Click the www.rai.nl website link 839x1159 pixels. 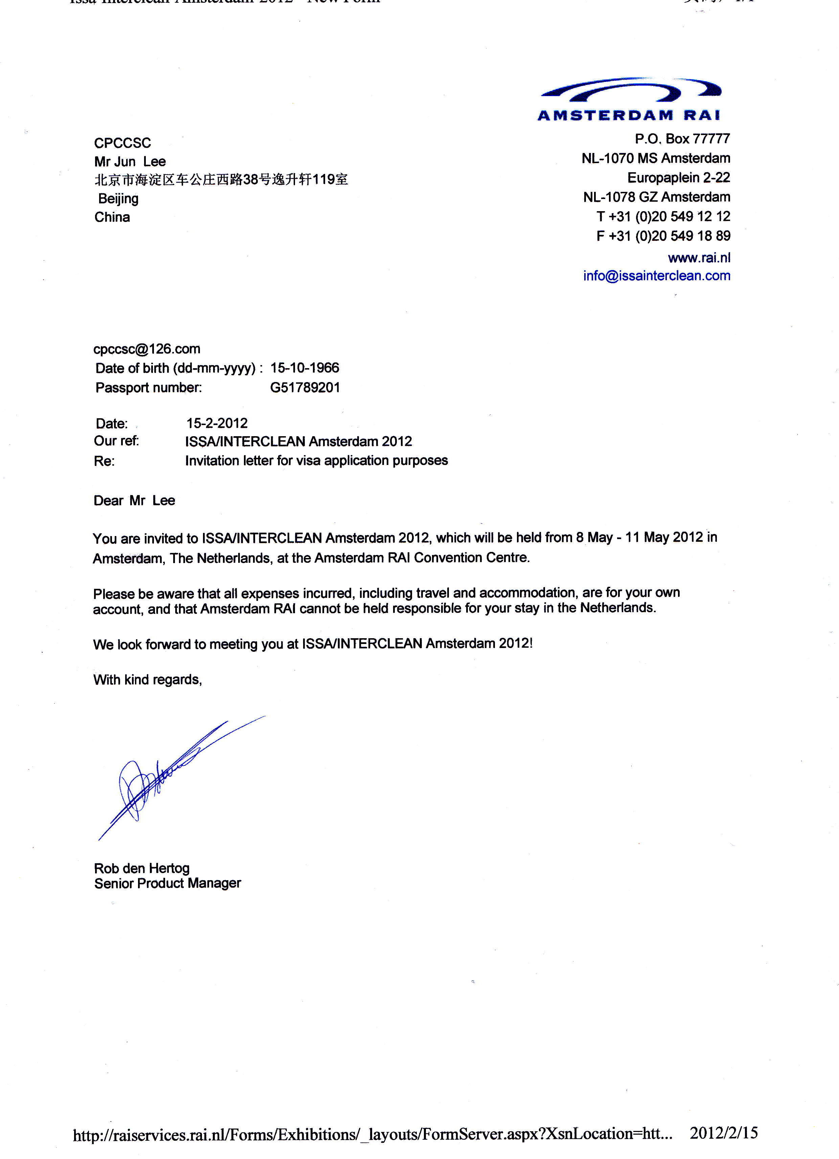[699, 258]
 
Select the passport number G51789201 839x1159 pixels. [304, 387]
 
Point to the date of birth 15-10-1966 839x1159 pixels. [304, 368]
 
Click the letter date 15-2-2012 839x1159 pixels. [217, 423]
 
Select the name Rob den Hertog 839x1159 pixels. [141, 868]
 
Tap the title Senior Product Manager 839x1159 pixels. [167, 883]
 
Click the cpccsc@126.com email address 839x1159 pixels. [146, 349]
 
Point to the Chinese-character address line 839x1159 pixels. [221, 179]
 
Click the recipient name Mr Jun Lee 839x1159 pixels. [130, 161]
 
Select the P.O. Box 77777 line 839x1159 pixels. [682, 138]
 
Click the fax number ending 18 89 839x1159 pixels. [663, 236]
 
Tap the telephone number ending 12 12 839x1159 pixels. [663, 217]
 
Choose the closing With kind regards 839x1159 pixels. [147, 679]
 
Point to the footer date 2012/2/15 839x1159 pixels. [723, 1133]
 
